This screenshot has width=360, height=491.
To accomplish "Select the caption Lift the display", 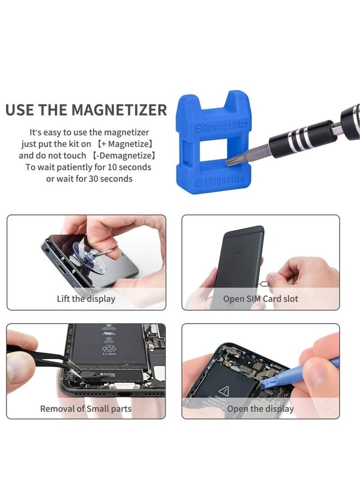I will click(86, 298).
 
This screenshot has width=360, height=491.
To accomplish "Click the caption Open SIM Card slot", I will click(261, 298).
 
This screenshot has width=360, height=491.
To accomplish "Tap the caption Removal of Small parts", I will click(85, 409).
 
